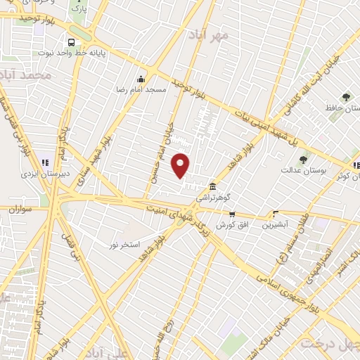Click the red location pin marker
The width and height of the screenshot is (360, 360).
tap(181, 165)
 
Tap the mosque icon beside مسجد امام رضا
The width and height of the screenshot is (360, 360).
tap(141, 79)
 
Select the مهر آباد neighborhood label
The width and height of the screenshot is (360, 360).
tap(209, 34)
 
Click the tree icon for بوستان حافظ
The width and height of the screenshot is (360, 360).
tap(345, 97)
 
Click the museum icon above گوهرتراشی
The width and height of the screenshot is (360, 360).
tap(212, 186)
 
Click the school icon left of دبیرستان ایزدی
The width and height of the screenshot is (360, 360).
tap(44, 162)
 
